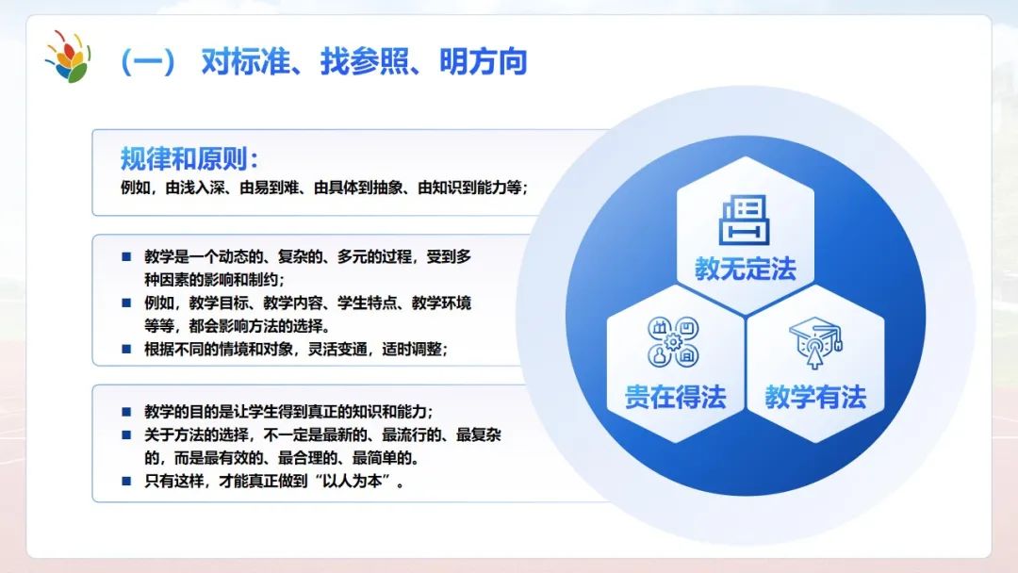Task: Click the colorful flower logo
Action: tap(68, 57)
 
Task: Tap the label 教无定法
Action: tap(746, 269)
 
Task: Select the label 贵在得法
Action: tap(675, 397)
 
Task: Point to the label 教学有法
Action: tap(815, 397)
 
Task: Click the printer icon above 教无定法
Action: tap(745, 220)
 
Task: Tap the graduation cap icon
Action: tap(815, 342)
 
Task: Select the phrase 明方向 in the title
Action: tap(483, 62)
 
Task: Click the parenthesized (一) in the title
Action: tap(148, 62)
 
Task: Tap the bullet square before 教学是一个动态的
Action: tap(126, 257)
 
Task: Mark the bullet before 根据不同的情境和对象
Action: tap(126, 349)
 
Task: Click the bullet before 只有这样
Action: tap(126, 481)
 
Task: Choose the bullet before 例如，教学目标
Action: tap(126, 303)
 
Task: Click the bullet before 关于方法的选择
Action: tap(126, 434)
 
